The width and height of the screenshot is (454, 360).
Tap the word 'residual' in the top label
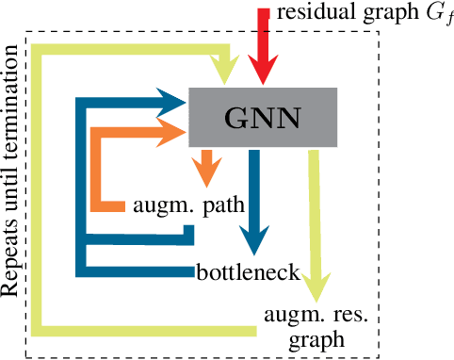click(x=316, y=12)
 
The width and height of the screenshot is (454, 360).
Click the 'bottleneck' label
click(x=248, y=274)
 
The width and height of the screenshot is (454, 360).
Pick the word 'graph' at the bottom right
click(x=316, y=336)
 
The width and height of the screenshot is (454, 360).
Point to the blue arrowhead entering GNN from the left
click(x=173, y=100)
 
